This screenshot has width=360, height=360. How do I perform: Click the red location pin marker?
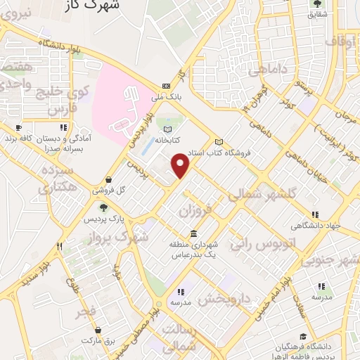point(181,166)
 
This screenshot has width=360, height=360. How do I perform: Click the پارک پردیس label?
point(103,219)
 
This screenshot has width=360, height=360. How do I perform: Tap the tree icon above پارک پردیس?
point(103,207)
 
